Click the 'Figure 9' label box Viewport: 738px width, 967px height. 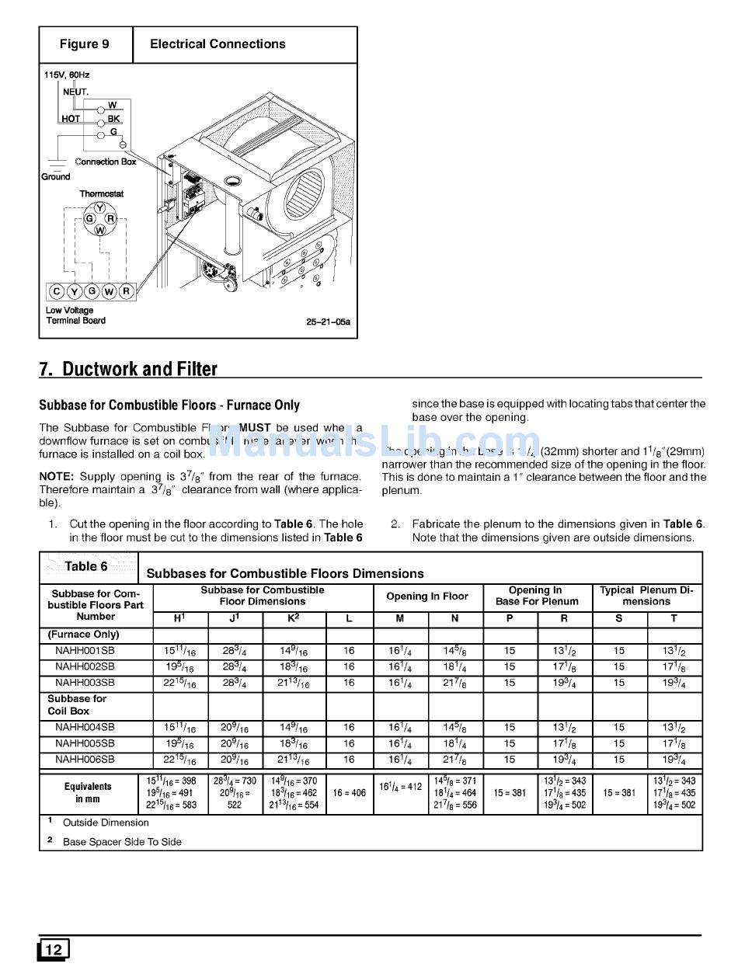pos(85,44)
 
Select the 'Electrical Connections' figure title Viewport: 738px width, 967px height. pos(218,44)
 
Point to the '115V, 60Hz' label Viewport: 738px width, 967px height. pos(67,75)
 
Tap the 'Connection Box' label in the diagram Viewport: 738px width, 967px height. pos(106,162)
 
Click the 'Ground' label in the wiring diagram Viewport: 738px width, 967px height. pos(56,176)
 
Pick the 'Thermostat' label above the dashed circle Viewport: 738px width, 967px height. pos(101,193)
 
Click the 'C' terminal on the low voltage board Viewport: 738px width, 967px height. pos(57,292)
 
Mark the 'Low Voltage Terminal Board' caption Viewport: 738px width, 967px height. pos(75,315)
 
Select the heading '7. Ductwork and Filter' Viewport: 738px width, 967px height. pos(128,369)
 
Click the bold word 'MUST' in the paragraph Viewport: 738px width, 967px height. pos(254,428)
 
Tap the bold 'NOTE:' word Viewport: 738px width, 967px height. pos(57,476)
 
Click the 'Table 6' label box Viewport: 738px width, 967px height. pos(86,566)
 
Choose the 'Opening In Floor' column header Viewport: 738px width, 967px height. pos(427,597)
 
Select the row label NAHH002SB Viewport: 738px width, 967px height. pos(85,666)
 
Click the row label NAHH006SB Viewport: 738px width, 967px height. pos(85,759)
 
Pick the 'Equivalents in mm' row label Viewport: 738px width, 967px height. pos(89,793)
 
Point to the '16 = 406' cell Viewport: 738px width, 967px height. pos(349,793)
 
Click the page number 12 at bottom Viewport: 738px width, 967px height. pos(54,949)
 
